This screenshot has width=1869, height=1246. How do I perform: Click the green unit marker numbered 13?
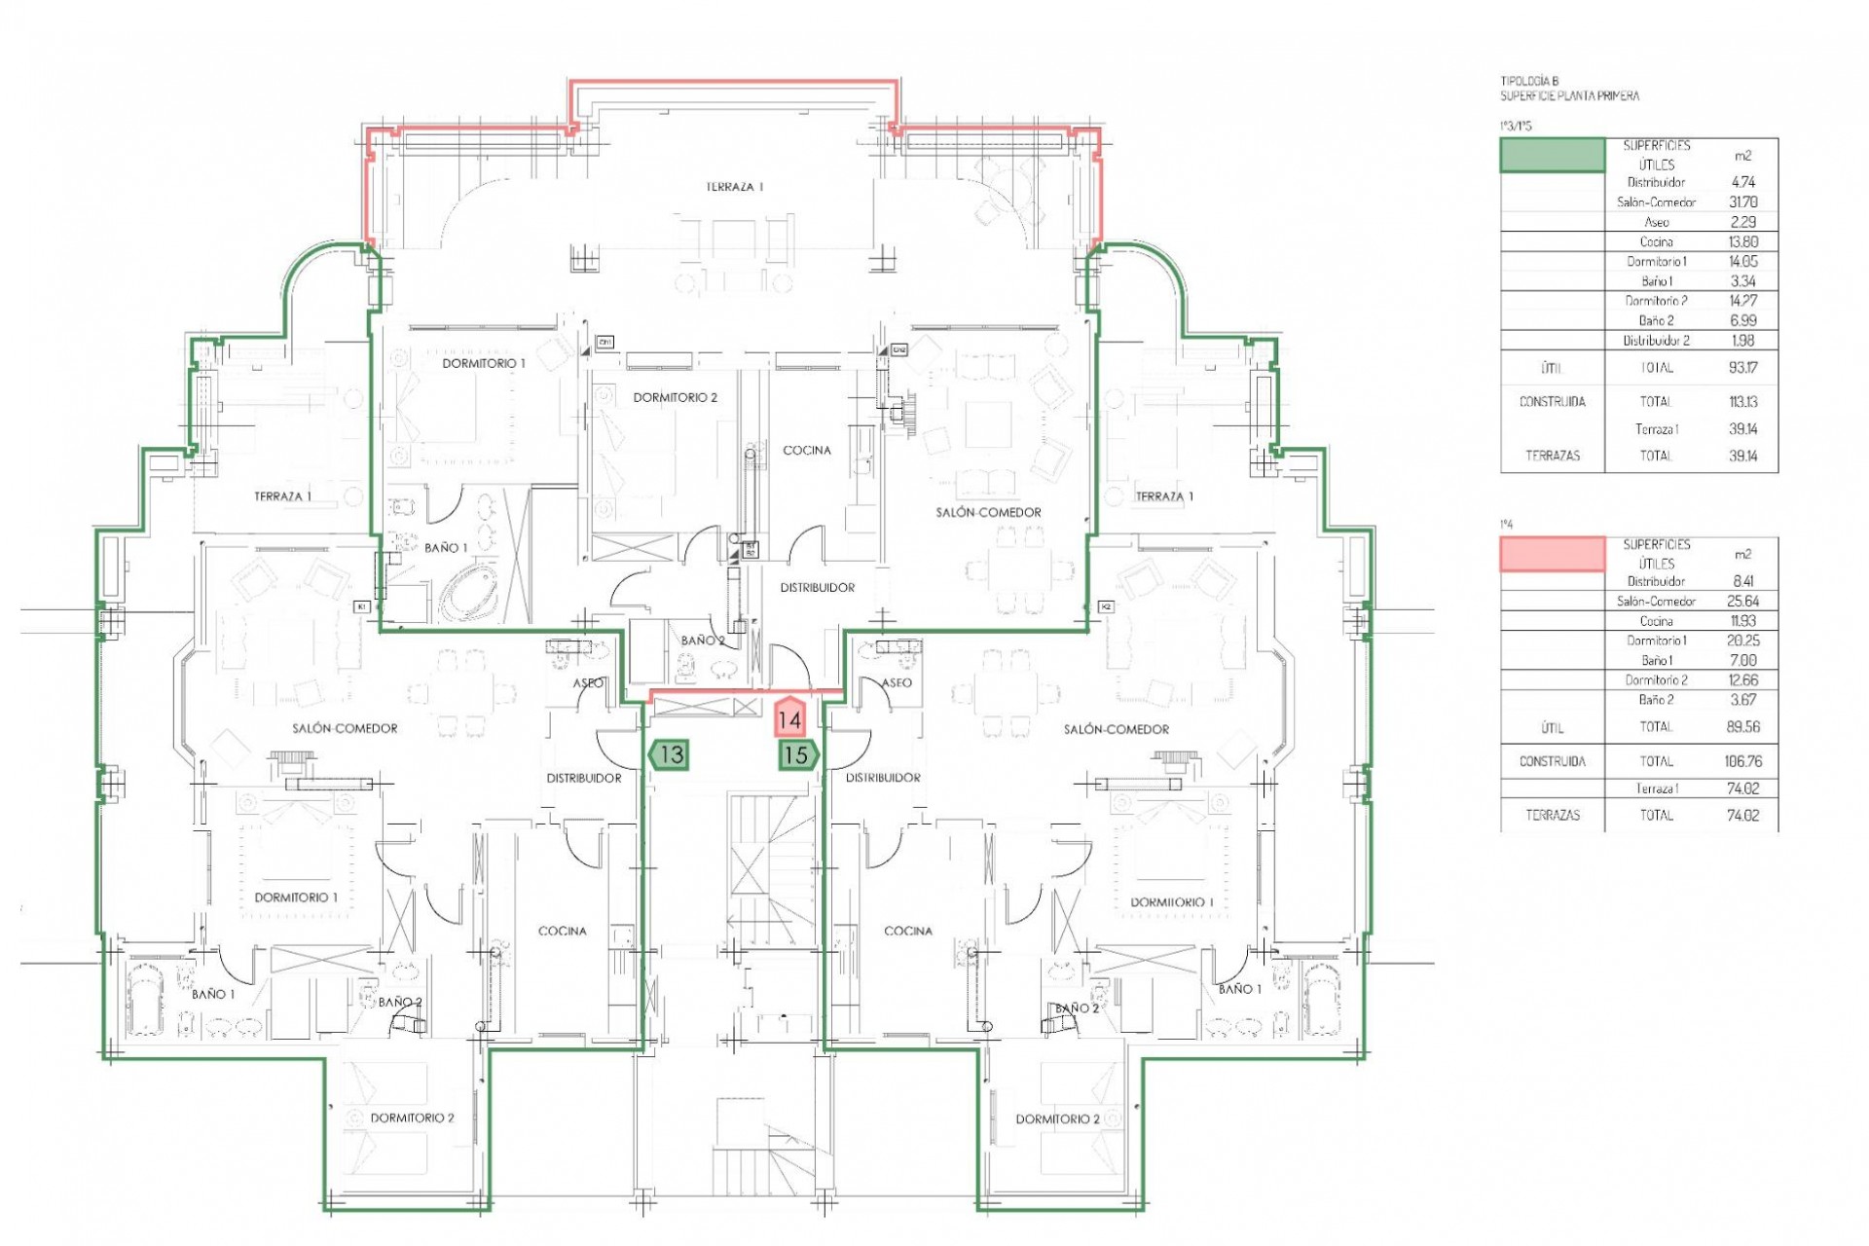tap(670, 754)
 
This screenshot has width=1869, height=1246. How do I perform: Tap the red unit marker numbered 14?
tap(789, 719)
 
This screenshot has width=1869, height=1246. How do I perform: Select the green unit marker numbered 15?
tap(797, 754)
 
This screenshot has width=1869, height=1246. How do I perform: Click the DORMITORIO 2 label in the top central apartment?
tap(675, 397)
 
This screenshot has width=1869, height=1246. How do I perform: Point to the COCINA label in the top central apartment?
tap(807, 450)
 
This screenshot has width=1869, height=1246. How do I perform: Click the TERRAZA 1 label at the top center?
tap(734, 186)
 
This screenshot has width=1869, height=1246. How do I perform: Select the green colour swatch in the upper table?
tap(1552, 155)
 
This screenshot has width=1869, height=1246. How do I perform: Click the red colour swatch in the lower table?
tap(1552, 553)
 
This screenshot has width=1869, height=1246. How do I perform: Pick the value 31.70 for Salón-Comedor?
tap(1742, 202)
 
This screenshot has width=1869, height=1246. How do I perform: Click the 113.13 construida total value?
tap(1742, 401)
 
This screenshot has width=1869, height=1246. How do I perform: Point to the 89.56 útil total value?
tap(1742, 726)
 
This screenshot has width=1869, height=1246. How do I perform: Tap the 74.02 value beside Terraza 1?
tap(1742, 788)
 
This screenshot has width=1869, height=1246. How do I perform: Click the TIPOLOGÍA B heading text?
tap(1529, 82)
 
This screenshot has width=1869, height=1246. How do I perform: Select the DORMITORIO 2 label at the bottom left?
tap(412, 1118)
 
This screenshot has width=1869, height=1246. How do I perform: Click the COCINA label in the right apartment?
tap(907, 931)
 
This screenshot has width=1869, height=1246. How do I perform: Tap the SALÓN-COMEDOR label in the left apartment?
tap(345, 728)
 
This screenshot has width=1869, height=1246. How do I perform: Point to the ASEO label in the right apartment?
tap(897, 682)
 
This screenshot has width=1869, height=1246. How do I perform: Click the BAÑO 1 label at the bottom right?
tap(1239, 989)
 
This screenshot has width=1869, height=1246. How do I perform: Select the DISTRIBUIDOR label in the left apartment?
tap(583, 778)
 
